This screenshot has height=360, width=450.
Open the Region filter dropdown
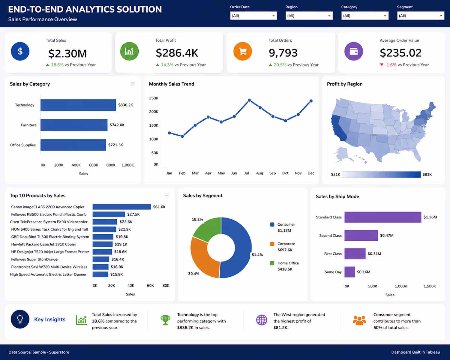(309, 16)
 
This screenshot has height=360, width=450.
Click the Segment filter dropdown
(421, 16)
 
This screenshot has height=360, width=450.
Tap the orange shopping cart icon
(243, 51)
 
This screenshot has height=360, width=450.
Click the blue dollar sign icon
(20, 51)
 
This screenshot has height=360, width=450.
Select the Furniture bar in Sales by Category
(74, 125)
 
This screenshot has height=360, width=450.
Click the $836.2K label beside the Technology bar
(125, 105)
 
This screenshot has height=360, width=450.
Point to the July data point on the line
(249, 100)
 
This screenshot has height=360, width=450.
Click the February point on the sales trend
(182, 136)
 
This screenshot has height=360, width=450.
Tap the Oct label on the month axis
(285, 173)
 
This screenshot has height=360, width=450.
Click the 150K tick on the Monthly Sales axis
(154, 125)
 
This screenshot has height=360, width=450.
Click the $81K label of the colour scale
(427, 175)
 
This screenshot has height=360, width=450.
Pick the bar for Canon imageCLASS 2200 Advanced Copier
(122, 207)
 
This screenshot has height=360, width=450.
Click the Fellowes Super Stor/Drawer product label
(35, 259)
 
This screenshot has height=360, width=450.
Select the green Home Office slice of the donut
(207, 229)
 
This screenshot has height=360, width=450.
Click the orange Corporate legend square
(272, 244)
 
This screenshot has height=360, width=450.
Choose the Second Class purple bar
(361, 235)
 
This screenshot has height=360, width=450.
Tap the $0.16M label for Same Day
(363, 272)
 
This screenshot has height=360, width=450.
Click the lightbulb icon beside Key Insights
(20, 319)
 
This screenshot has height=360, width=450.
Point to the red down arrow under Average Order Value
(382, 65)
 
